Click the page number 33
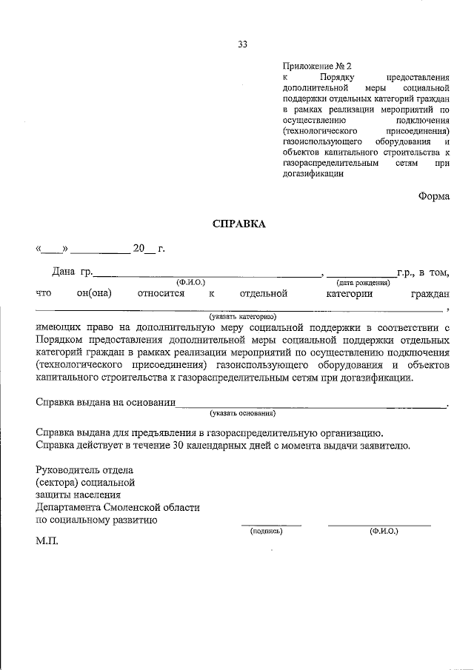pos(242,44)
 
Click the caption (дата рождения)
pos(363,283)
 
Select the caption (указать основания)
pos(242,412)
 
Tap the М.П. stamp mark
pos(47,542)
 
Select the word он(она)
pos(94,294)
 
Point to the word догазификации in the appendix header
pos(313,175)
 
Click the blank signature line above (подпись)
pos(272,524)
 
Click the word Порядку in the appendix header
pos(339,77)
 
